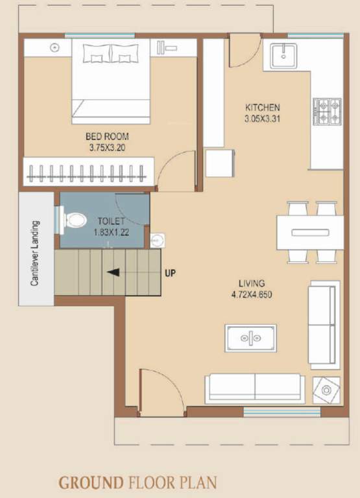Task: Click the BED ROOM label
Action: point(107,137)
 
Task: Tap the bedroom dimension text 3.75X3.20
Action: point(107,147)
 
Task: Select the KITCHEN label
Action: point(262,107)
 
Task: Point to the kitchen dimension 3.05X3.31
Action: point(262,118)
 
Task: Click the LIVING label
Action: point(251,283)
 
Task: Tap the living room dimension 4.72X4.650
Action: point(252,294)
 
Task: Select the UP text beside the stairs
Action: point(170,273)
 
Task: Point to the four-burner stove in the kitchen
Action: point(327,112)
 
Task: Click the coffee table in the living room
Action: point(250,338)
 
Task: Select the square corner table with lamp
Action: point(325,390)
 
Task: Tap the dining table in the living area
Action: point(309,232)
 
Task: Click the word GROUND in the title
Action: point(91,482)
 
